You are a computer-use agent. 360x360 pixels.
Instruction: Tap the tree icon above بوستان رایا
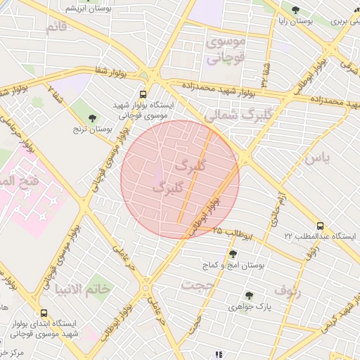(295, 10)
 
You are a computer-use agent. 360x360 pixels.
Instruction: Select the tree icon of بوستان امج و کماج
(233, 254)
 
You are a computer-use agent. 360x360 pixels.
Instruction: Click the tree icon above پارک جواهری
(248, 295)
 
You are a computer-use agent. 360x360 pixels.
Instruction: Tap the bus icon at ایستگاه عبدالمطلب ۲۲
(321, 226)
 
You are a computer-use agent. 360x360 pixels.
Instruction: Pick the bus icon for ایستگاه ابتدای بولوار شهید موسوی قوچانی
(44, 314)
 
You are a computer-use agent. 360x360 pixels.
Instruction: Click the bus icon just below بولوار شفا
(143, 94)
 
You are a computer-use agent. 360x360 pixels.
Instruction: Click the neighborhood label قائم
(56, 27)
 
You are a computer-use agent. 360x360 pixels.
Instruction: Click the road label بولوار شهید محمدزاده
(219, 89)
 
